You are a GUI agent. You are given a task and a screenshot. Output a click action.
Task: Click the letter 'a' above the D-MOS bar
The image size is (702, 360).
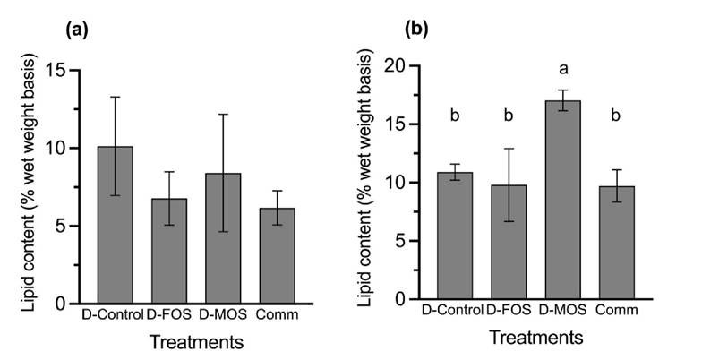tap(561, 68)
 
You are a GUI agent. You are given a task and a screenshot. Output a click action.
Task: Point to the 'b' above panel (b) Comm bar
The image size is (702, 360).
tap(615, 115)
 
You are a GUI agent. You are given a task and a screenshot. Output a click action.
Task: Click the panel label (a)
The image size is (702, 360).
tap(76, 30)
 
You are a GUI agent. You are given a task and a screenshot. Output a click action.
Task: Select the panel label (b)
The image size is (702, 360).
tap(417, 30)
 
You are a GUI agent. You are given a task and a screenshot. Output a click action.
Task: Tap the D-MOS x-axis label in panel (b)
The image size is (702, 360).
tap(562, 311)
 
